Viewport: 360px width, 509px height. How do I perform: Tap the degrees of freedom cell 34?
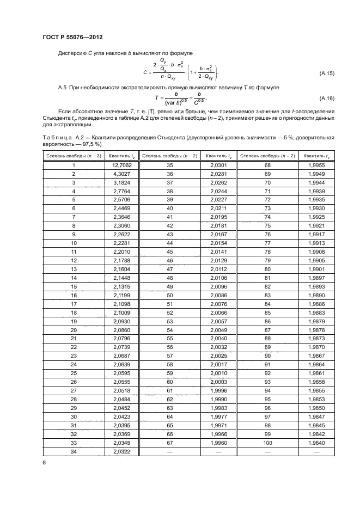[x=72, y=452]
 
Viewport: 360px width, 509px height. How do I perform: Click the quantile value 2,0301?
[x=217, y=164]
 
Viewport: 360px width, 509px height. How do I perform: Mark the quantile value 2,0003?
[x=217, y=383]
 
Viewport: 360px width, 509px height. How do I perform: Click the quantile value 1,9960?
[x=217, y=444]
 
